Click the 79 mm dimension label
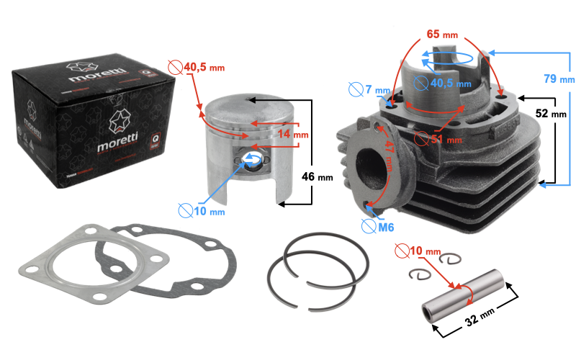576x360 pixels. point(557,78)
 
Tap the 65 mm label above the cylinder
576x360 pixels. point(441,35)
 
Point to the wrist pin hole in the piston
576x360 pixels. point(252,161)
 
